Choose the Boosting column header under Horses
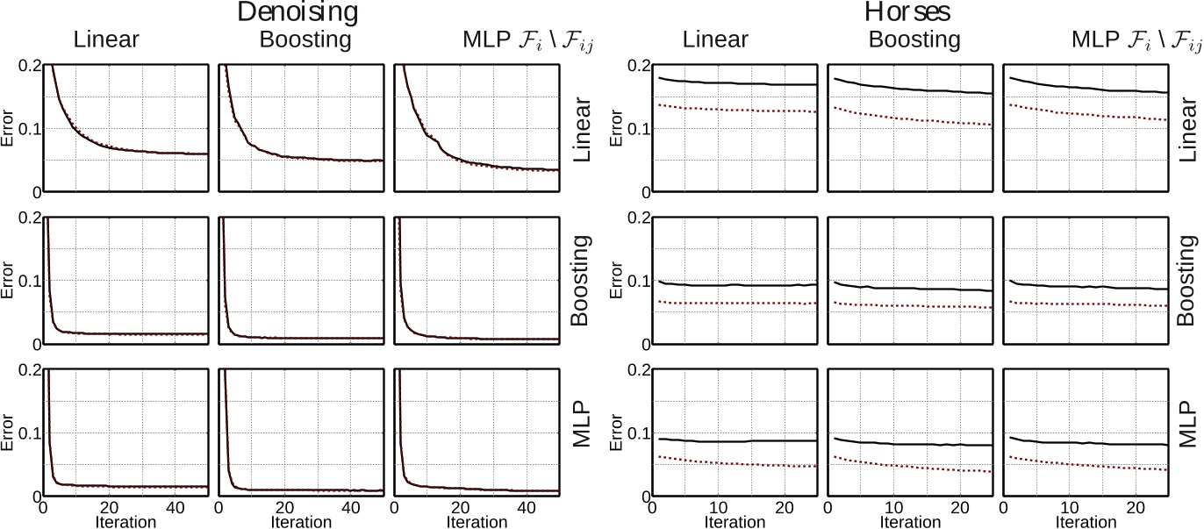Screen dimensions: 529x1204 (x=914, y=39)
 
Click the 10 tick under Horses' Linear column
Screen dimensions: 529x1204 (x=718, y=507)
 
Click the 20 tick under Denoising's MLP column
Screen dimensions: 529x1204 (x=460, y=507)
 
